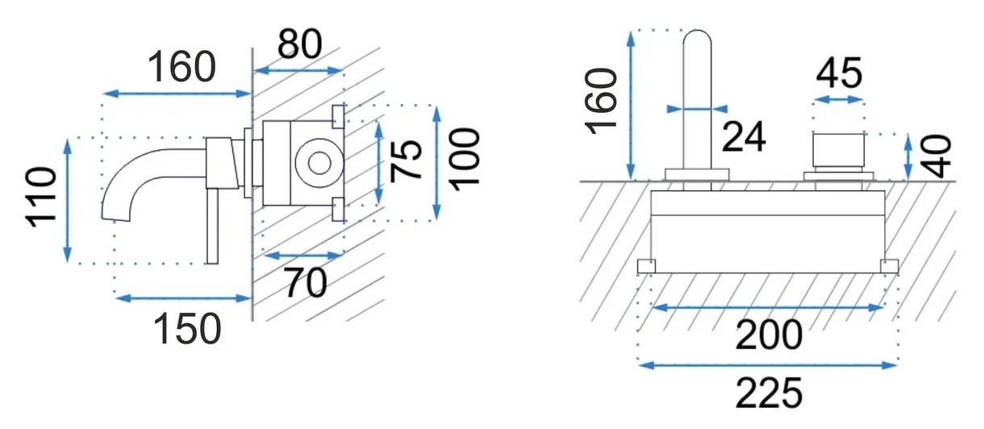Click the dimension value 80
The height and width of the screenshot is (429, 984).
coord(299,44)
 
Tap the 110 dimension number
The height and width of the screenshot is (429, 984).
coord(42,198)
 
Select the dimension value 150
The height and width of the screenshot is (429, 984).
coord(188,328)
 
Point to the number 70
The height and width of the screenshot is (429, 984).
coord(306,283)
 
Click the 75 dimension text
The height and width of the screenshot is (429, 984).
coord(407,160)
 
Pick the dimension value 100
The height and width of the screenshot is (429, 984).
coord(466,160)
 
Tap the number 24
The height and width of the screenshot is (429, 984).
coord(744,136)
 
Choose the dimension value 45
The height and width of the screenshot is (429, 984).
coord(839,73)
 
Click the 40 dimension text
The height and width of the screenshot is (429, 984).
coord(936,156)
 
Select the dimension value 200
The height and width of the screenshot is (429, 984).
coord(769,335)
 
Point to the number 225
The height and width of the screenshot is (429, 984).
coord(769,393)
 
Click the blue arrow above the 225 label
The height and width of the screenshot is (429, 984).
coord(769,364)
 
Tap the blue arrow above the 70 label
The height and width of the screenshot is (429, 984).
coord(303,255)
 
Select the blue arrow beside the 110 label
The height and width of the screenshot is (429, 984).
coord(67,200)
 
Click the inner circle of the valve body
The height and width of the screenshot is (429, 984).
coord(319,163)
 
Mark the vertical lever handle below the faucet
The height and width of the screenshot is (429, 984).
coord(212,227)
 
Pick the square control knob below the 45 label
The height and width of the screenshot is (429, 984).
coord(839,151)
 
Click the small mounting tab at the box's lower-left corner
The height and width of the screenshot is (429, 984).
coord(646,266)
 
